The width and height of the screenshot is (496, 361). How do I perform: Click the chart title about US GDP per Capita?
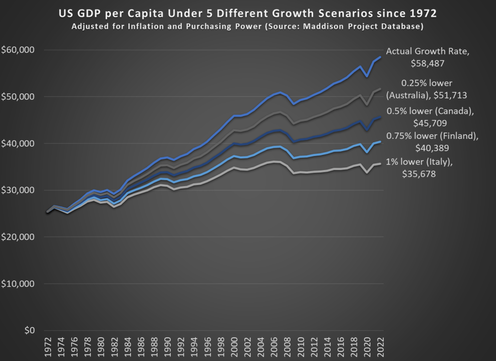[x=248, y=12]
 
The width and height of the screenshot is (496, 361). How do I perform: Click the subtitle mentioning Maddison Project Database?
[x=248, y=26]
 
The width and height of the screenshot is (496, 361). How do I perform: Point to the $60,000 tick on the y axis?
[x=17, y=50]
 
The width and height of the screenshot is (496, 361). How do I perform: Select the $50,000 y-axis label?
[x=17, y=97]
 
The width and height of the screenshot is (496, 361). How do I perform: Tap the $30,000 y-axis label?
[x=17, y=190]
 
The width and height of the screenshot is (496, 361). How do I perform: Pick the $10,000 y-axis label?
[x=17, y=284]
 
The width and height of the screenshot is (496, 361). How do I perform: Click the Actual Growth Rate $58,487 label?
[x=427, y=56]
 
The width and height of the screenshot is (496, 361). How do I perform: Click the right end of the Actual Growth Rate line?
[x=381, y=57]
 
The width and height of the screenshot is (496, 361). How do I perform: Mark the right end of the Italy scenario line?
[x=381, y=164]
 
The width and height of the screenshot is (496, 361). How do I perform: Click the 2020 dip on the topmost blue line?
[x=367, y=76]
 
